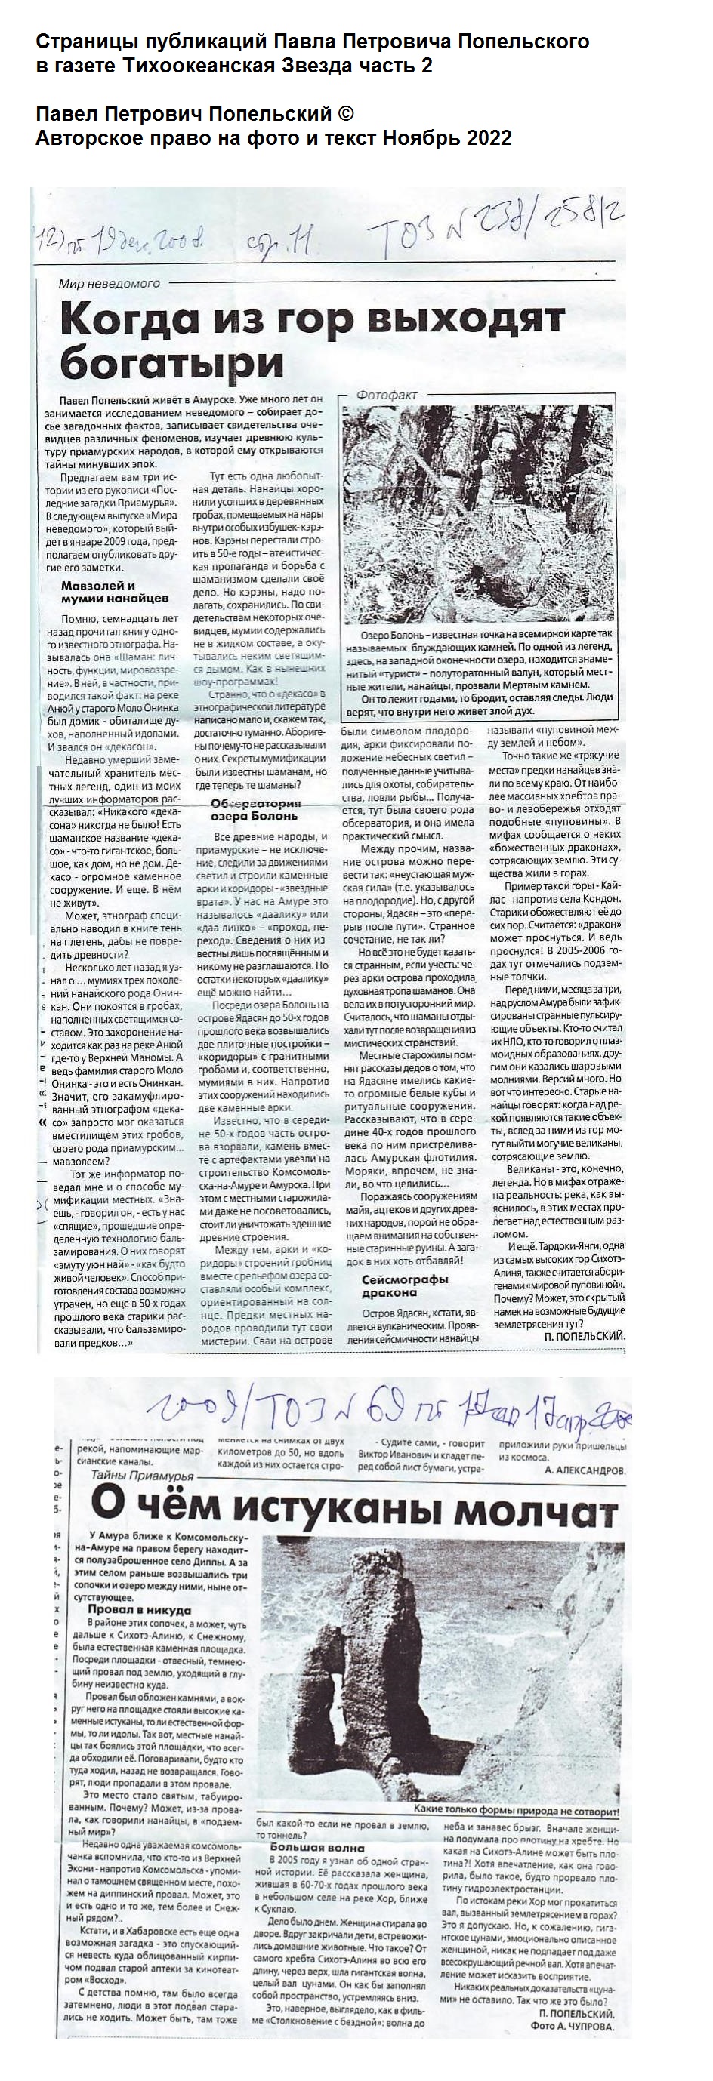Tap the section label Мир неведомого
point(108,284)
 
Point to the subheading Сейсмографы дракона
point(404,1285)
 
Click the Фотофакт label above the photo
point(387,395)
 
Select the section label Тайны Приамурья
point(140,1476)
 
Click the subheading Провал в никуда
point(140,1609)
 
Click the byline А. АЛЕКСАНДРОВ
point(585,1470)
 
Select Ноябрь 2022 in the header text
point(447,138)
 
